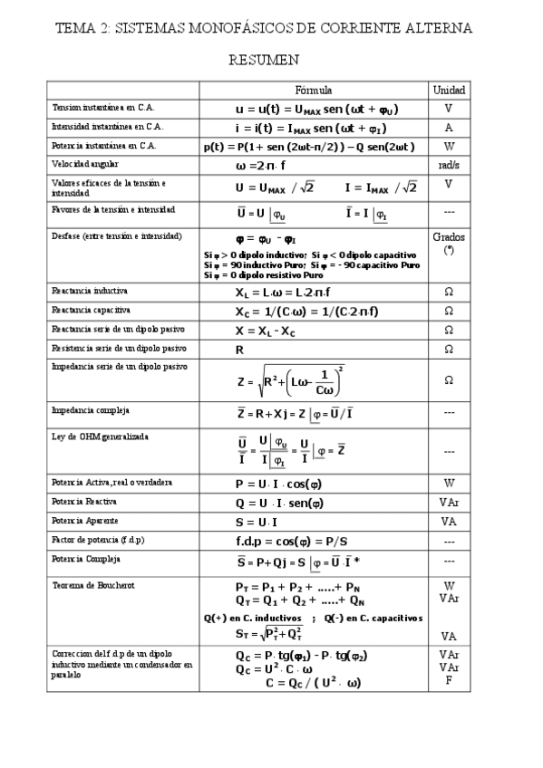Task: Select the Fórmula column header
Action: [x=315, y=91]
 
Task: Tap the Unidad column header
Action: [x=449, y=91]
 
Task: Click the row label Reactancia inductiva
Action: [x=90, y=292]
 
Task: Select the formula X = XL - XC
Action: [x=271, y=331]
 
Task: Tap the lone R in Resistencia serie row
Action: [x=239, y=349]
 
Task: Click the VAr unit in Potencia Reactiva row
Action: [x=449, y=502]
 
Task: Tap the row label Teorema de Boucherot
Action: [x=93, y=585]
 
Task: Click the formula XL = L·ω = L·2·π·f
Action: [x=282, y=293]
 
